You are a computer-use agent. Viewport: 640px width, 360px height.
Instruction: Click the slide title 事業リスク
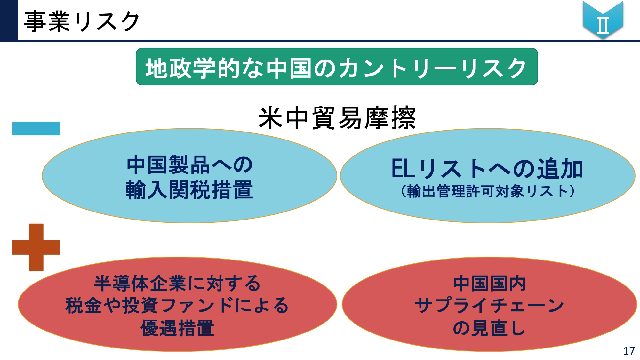point(82,21)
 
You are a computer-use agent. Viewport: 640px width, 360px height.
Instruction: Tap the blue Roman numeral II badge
point(603,20)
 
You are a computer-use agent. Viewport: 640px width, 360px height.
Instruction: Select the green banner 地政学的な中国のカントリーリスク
point(337,67)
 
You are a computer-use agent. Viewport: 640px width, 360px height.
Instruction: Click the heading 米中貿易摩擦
point(337,118)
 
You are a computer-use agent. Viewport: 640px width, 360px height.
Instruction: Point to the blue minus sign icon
point(36,128)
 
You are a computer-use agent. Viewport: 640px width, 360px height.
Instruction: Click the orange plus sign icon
point(36,247)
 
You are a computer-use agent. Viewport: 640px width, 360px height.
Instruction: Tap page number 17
point(629,351)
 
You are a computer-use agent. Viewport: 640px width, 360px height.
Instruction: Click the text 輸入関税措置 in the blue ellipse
point(189,190)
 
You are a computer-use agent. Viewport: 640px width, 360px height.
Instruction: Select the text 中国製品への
point(190,165)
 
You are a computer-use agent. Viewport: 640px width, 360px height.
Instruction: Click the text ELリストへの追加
point(487,168)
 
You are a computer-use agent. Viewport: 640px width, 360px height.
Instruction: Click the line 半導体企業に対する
point(177,283)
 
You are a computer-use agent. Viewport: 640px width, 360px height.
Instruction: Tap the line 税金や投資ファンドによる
point(177,305)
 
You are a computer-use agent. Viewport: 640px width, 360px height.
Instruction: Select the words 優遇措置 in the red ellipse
point(177,328)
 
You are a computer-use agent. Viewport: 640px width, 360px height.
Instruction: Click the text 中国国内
point(490,284)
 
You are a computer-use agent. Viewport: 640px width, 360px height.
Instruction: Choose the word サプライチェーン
point(489,305)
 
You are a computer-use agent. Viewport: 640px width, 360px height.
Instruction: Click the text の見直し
point(489,328)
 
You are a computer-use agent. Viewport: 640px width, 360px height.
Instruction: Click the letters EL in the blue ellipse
point(403,168)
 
